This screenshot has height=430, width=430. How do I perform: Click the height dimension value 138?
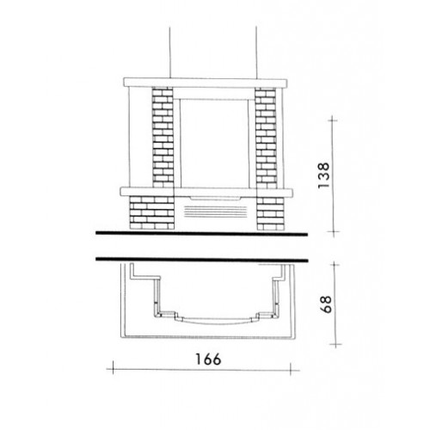coord(324,175)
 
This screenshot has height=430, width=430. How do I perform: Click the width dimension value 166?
coord(208,359)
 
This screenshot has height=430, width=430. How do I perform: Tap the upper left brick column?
coord(163,138)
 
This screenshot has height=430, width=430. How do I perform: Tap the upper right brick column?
coord(266,138)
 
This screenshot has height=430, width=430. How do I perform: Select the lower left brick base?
coord(152,212)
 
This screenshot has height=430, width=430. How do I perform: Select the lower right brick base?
coord(270,213)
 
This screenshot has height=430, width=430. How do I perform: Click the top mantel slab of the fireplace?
coord(206,83)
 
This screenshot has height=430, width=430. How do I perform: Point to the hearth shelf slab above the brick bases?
coord(206,192)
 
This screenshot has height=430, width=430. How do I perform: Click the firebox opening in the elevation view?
coord(214,144)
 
